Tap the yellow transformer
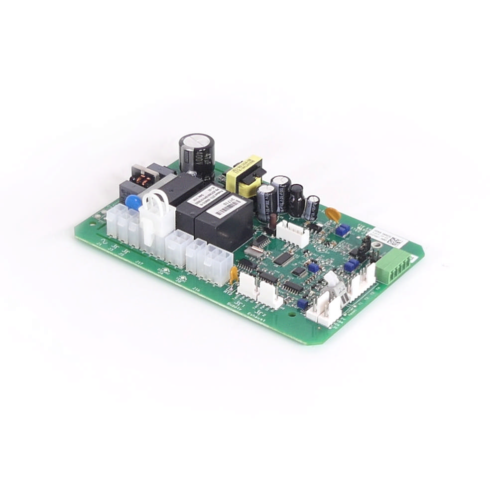(x=244, y=177)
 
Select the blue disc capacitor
(x=133, y=202)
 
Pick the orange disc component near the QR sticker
(x=333, y=215)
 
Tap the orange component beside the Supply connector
(x=233, y=272)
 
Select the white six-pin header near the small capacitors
(x=293, y=233)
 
